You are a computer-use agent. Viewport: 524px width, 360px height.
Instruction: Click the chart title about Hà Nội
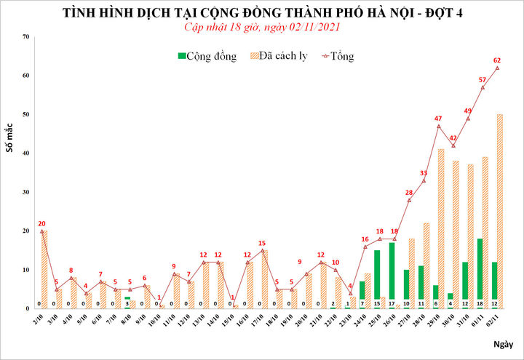(x=262, y=13)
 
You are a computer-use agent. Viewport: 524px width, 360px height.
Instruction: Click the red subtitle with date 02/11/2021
(x=262, y=27)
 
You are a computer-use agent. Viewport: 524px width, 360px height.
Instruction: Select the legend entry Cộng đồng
(x=207, y=56)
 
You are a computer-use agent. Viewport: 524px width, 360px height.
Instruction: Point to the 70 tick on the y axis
(x=25, y=36)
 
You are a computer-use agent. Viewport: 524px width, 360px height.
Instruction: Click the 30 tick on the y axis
(x=25, y=192)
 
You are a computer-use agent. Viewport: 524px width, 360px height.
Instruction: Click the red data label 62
(x=497, y=60)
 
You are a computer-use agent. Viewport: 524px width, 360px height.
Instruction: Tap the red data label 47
(x=438, y=119)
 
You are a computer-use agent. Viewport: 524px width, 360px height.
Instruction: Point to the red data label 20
(x=41, y=224)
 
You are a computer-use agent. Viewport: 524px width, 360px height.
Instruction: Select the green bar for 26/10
(x=392, y=276)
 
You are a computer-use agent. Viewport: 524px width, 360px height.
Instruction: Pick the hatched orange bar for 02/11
(x=500, y=211)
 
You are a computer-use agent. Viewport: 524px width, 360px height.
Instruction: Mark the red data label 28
(x=409, y=193)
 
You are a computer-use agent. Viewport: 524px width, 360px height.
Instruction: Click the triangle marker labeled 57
(x=483, y=87)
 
